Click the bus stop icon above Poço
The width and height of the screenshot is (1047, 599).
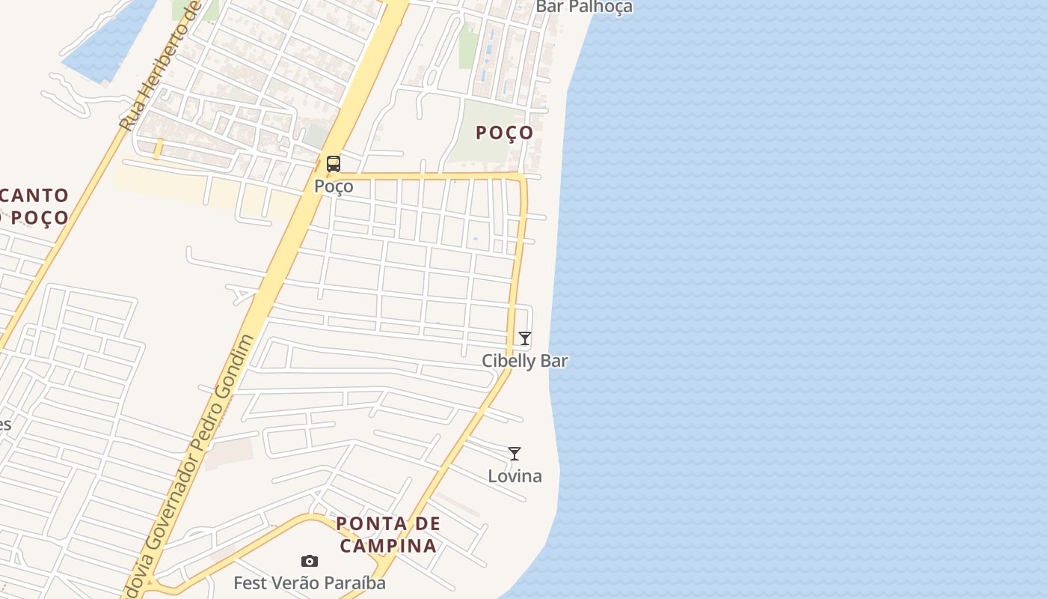tap(334, 163)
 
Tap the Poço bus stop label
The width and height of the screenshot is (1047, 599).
tap(334, 186)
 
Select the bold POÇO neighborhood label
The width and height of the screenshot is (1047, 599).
tap(506, 133)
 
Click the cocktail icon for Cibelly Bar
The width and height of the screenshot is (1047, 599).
tap(525, 338)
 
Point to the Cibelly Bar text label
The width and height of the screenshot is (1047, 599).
tap(525, 361)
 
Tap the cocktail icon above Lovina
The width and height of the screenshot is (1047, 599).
tap(515, 454)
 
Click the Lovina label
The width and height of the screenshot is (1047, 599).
tap(515, 476)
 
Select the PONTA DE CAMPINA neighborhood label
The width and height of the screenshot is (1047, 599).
tap(388, 534)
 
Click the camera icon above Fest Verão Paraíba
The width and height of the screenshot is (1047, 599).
tap(310, 561)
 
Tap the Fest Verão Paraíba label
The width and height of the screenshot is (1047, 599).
tap(310, 583)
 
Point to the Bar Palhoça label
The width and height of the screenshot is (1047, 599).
tap(584, 7)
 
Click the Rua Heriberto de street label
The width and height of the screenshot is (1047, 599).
tap(162, 67)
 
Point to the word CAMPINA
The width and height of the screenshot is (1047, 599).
tap(388, 545)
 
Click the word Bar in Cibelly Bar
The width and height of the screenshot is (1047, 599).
tap(554, 361)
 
